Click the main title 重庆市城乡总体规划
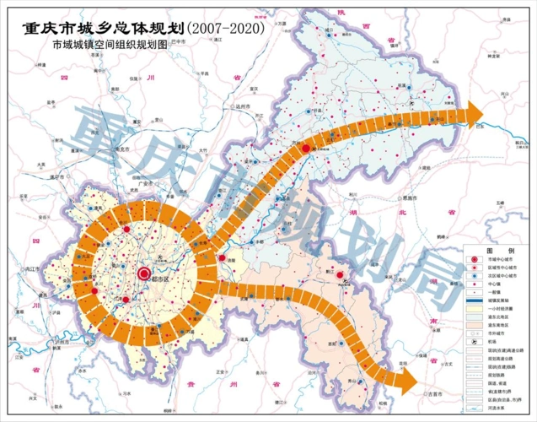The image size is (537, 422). [99, 27]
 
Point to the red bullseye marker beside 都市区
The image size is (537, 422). [143, 273]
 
